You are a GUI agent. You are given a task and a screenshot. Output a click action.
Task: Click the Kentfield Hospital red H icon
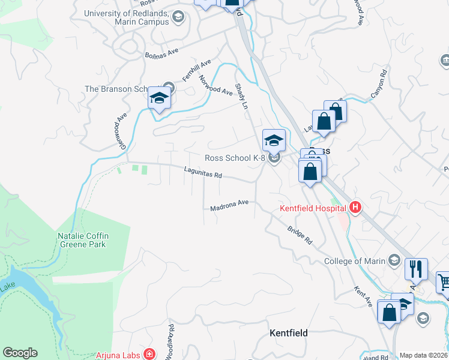point(355,208)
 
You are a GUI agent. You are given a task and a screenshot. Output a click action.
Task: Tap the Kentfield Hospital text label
point(313,208)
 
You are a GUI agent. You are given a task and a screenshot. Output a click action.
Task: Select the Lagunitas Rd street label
point(203,176)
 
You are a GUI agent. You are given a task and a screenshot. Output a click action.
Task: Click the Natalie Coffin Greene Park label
point(82,240)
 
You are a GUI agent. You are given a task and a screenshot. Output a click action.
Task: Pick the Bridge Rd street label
point(300,235)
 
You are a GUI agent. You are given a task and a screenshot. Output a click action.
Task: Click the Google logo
point(20,353)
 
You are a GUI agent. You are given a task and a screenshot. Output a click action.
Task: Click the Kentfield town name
point(289,332)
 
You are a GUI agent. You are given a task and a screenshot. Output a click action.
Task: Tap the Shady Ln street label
point(241,96)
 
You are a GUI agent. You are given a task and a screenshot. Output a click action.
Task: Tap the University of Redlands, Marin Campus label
point(126,17)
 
